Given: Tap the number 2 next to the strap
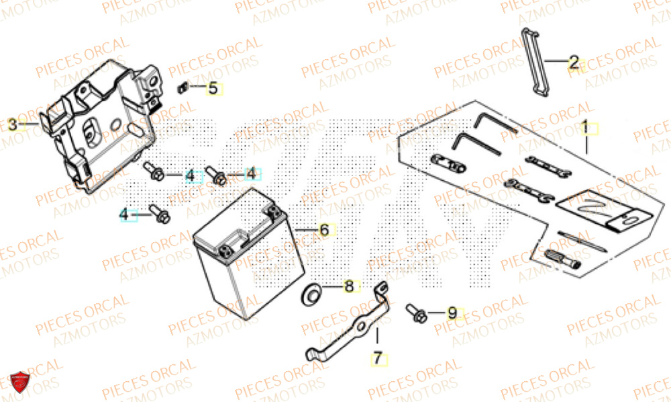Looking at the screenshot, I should pyautogui.click(x=574, y=63).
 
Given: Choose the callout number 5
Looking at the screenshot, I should pyautogui.click(x=213, y=88).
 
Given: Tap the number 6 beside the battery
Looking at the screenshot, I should pyautogui.click(x=324, y=230).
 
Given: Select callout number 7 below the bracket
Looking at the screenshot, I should pyautogui.click(x=377, y=359).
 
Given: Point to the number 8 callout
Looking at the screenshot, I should pyautogui.click(x=348, y=287).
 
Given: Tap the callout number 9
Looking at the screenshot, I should pyautogui.click(x=452, y=313).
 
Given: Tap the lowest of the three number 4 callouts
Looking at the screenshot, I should pyautogui.click(x=124, y=214).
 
